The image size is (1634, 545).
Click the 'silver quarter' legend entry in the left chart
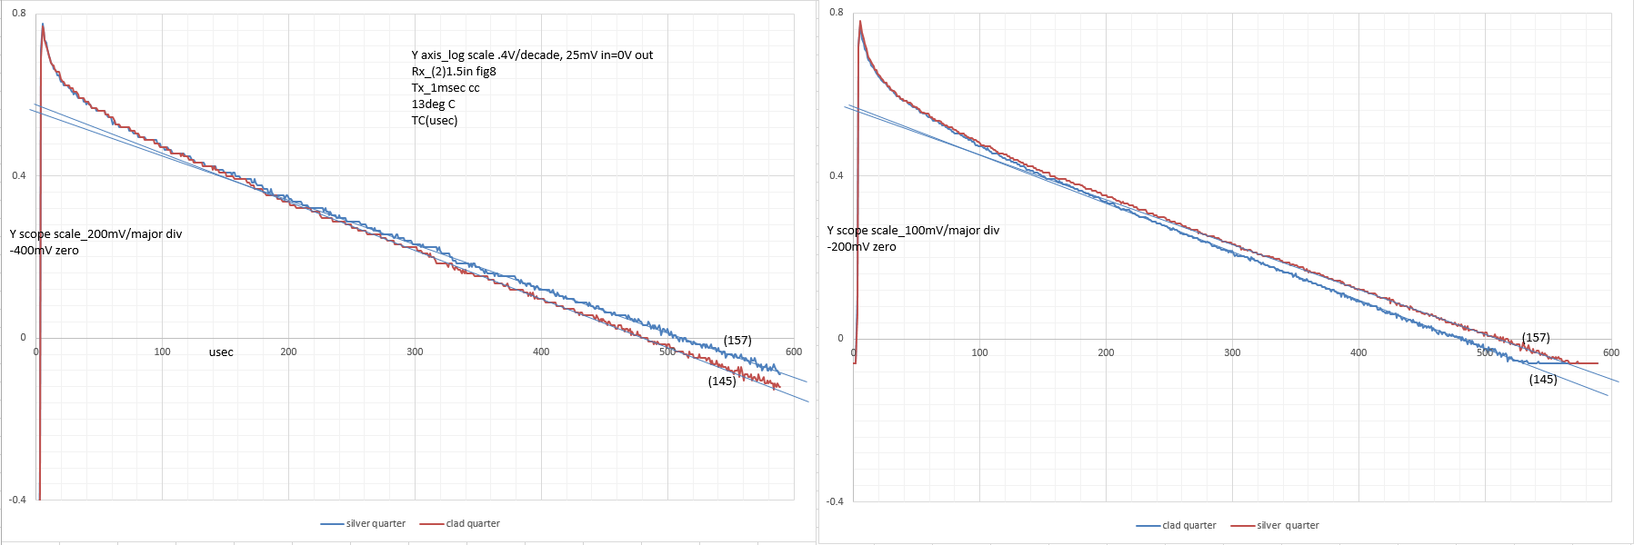click(x=375, y=524)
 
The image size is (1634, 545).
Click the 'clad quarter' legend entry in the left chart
click(x=472, y=524)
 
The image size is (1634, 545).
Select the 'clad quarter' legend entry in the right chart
click(x=1188, y=526)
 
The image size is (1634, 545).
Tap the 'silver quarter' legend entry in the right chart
click(x=1287, y=526)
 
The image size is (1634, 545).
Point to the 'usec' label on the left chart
click(x=221, y=352)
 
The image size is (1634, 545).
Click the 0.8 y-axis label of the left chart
click(x=18, y=14)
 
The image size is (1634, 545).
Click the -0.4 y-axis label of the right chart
click(x=835, y=501)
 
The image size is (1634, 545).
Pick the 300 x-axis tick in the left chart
click(x=415, y=352)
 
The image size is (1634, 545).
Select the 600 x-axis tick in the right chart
click(x=1610, y=352)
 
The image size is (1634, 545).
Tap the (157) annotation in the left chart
click(x=737, y=341)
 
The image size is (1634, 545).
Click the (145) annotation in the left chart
click(x=722, y=381)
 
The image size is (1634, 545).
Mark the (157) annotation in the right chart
click(x=1536, y=338)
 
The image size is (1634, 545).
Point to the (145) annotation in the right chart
click(x=1543, y=380)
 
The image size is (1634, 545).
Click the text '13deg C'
click(x=433, y=104)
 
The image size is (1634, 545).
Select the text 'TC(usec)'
click(x=435, y=121)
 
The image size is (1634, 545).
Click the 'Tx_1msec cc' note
click(x=445, y=88)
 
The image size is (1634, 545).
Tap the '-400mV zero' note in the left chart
click(x=45, y=251)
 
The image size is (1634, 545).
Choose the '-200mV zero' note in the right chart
click(x=861, y=247)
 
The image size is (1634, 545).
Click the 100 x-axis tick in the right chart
click(x=979, y=352)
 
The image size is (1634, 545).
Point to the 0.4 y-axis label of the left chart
click(x=18, y=175)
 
